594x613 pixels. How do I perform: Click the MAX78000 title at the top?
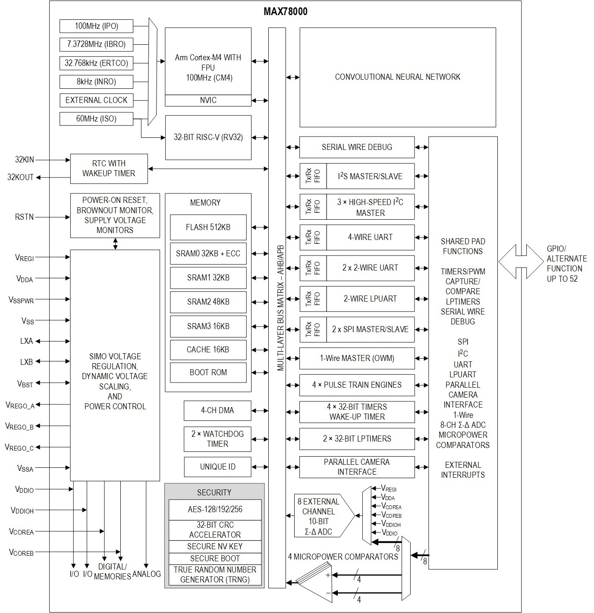(x=285, y=12)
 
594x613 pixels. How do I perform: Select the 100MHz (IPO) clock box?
(x=96, y=26)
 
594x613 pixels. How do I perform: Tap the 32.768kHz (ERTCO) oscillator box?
(x=96, y=63)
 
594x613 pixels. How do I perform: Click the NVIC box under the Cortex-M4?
(x=208, y=100)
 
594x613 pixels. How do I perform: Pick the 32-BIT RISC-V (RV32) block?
(x=208, y=137)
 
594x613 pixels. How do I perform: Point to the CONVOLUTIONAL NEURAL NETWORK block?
(x=397, y=77)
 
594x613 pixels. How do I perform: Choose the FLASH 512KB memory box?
(x=208, y=227)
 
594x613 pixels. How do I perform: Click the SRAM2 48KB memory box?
(x=208, y=302)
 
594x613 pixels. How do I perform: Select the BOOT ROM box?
(x=208, y=372)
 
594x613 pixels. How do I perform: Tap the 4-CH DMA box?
(x=217, y=411)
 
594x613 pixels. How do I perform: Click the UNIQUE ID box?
(x=217, y=467)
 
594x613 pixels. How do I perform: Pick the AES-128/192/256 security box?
(x=215, y=509)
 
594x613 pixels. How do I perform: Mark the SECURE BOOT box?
(x=215, y=558)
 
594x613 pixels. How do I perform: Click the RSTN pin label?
(x=24, y=217)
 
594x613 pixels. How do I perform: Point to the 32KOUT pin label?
(x=20, y=177)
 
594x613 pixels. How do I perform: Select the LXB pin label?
(x=26, y=362)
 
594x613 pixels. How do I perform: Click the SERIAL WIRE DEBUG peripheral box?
(x=357, y=147)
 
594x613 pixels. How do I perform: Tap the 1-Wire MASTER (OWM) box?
(x=357, y=358)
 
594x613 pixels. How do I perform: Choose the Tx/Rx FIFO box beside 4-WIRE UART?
(x=313, y=237)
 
